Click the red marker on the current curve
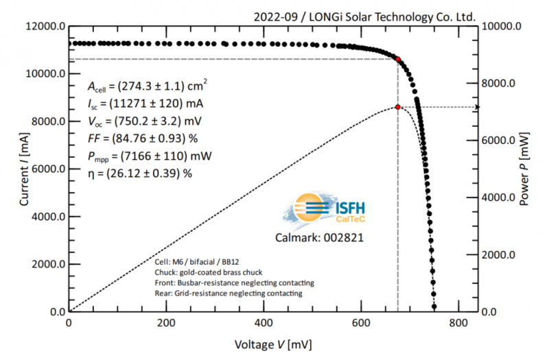pos(398,59)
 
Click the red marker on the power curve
pos(398,107)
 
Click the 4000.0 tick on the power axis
pos(502,197)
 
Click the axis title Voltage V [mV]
pos(272,345)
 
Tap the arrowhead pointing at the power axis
pos(477,107)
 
